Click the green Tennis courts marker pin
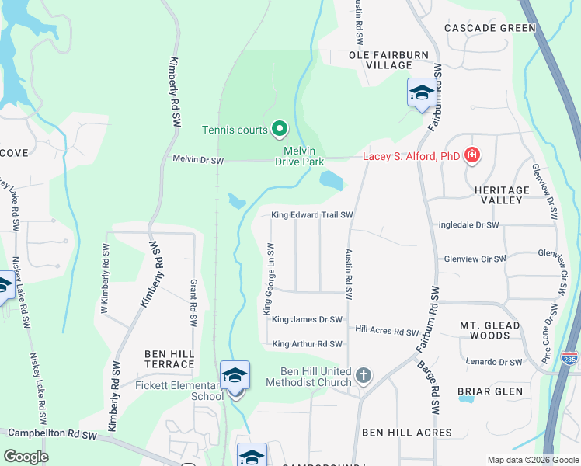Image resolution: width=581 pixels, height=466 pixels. coord(279,130)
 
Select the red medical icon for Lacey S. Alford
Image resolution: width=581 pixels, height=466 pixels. coord(471,157)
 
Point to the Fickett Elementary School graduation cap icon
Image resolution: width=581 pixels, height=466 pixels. coord(235,374)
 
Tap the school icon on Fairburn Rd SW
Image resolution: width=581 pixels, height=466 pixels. coord(421,93)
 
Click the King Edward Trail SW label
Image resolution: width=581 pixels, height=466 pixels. coord(312,215)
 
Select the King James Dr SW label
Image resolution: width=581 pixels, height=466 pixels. coord(307,319)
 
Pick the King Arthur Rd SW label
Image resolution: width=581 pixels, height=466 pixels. coord(307,344)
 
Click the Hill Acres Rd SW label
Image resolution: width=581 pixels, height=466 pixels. coord(387,332)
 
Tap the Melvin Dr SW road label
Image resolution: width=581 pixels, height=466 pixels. coord(197,161)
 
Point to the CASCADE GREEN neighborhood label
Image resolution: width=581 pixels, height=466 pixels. coord(490,28)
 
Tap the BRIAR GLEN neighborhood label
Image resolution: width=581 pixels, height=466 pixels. coord(489,391)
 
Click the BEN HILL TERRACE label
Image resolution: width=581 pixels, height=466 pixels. coord(169,359)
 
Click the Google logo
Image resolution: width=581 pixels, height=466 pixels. coord(26,457)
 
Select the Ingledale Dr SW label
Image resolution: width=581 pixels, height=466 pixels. coord(468,224)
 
